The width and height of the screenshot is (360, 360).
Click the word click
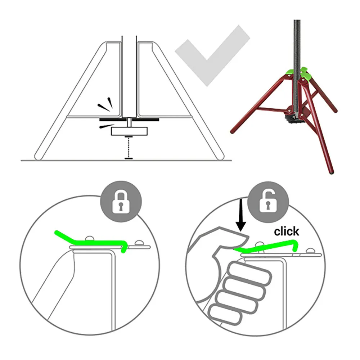click(x=287, y=231)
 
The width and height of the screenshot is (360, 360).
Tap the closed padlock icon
click(x=121, y=201)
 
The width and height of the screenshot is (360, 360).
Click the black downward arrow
click(x=240, y=215)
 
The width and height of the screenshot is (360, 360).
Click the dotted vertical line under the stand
click(x=129, y=147)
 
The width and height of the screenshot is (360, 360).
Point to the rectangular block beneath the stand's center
click(x=129, y=131)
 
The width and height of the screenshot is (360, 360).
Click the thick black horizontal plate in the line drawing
click(x=129, y=120)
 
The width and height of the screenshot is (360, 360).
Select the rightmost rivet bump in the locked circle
click(x=139, y=243)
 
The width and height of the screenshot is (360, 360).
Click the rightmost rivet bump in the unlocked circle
click(x=310, y=251)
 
